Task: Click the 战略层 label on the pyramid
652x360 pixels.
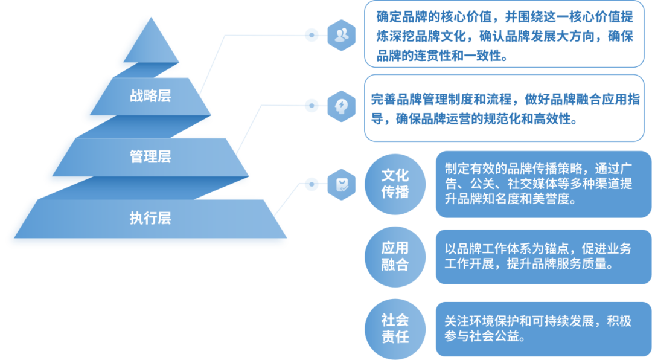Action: [150, 96]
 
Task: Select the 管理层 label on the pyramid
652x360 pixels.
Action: [150, 157]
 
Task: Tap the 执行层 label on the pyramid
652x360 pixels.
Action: [150, 218]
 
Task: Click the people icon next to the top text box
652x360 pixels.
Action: [342, 35]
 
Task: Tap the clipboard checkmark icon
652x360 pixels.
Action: [342, 184]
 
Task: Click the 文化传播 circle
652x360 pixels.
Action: [395, 184]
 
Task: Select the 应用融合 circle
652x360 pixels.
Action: [395, 256]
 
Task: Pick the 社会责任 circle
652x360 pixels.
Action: [395, 328]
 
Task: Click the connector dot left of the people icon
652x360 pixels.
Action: [312, 35]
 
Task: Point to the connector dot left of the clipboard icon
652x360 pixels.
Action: [312, 184]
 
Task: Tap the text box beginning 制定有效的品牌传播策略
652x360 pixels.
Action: [543, 184]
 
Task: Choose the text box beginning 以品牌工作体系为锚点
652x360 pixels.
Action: [543, 256]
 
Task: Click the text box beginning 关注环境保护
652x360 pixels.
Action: [543, 328]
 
